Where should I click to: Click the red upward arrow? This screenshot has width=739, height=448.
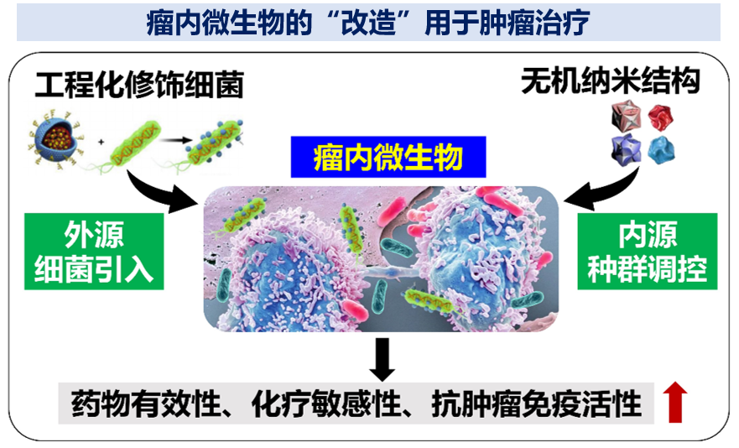click(675, 402)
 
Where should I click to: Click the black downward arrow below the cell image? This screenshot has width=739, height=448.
click(383, 359)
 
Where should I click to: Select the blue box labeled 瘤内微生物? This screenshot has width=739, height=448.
click(388, 157)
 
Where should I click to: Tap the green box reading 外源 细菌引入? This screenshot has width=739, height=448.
click(94, 252)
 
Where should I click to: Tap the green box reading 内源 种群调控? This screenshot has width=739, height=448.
click(647, 252)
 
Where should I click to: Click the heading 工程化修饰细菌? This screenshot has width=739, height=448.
click(139, 85)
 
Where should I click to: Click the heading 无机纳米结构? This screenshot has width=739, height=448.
click(611, 81)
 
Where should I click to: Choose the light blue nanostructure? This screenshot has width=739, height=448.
click(661, 150)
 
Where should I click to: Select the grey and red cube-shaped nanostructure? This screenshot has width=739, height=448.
click(626, 117)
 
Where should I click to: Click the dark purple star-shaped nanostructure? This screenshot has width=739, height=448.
click(626, 150)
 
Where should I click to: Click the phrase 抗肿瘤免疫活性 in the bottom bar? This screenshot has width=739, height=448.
click(536, 404)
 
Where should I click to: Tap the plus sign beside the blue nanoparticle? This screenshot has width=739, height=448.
click(101, 142)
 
